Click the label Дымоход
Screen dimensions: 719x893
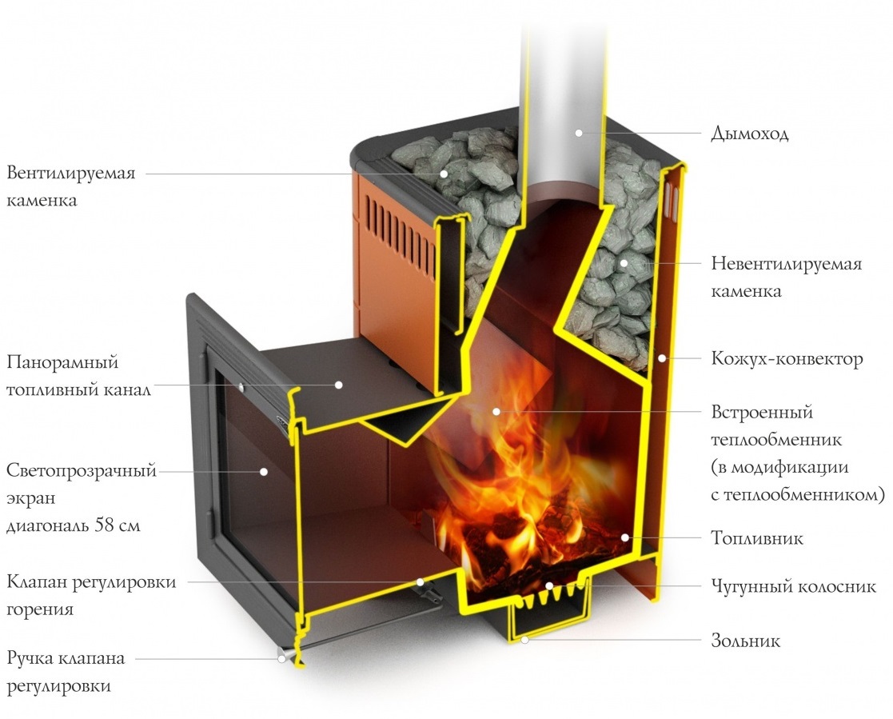[749, 134]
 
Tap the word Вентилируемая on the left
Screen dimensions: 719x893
[71, 174]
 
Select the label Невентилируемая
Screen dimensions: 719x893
[786, 264]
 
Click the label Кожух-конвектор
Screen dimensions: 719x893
[787, 358]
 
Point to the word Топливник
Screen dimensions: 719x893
[757, 538]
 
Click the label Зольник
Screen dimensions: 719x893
[745, 641]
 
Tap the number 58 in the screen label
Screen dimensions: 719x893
[106, 526]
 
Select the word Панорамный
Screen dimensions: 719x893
[62, 363]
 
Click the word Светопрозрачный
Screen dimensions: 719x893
[81, 470]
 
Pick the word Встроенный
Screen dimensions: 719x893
[761, 413]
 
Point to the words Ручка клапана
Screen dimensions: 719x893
[66, 659]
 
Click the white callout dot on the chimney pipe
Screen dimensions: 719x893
[579, 133]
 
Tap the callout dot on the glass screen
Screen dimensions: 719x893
[263, 472]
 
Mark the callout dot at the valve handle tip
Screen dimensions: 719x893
[282, 659]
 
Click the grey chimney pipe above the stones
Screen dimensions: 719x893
[560, 80]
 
